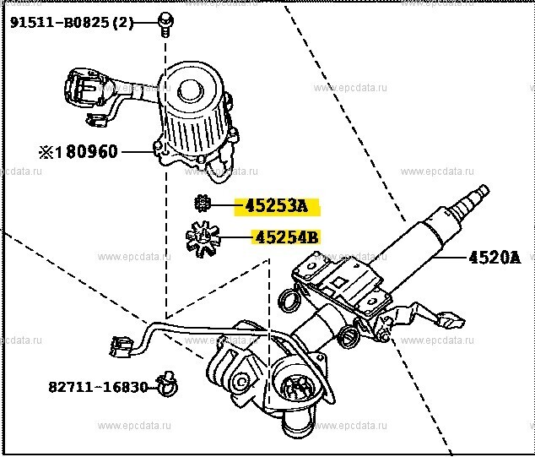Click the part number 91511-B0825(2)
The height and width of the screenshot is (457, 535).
72,23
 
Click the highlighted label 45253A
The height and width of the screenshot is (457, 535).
277,205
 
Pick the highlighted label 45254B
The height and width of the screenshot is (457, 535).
284,237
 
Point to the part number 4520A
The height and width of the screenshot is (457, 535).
502,258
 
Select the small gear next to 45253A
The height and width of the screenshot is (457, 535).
201,204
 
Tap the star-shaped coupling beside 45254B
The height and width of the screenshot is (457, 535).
203,237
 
